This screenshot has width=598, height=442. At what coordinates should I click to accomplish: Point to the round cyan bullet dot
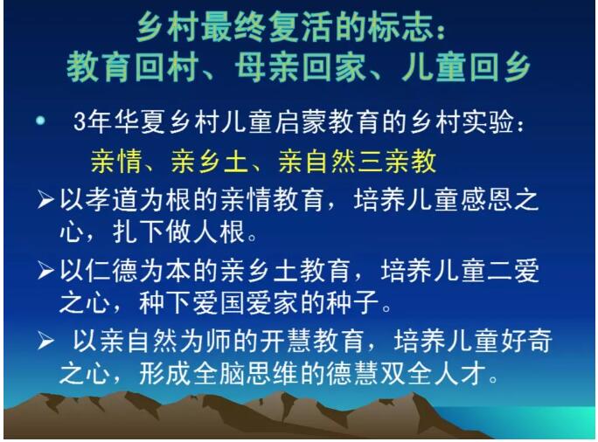(40, 121)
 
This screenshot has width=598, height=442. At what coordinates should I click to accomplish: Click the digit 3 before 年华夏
(79, 121)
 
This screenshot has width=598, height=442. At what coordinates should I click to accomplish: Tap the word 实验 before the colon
(488, 121)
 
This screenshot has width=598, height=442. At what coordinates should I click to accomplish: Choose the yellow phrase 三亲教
(398, 162)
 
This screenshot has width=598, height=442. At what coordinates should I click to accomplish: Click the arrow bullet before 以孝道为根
(45, 199)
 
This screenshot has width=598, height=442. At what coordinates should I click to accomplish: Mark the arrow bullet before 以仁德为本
(45, 271)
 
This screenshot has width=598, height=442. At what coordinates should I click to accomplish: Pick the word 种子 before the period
(354, 303)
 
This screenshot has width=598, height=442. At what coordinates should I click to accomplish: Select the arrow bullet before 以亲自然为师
(45, 341)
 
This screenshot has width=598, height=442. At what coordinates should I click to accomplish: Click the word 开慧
(285, 341)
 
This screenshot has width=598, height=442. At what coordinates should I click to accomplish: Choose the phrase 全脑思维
(245, 373)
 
